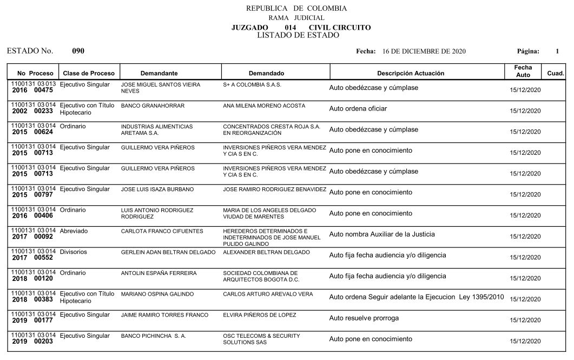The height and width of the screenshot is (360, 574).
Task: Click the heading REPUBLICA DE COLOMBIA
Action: [296, 8]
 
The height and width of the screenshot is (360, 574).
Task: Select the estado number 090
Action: [78, 51]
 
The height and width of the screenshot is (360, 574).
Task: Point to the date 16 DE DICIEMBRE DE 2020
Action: [424, 51]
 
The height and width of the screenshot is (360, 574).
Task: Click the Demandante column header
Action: [159, 73]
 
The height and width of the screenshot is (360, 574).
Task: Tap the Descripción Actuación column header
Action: [410, 73]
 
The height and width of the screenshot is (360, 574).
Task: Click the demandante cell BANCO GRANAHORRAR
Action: [153, 106]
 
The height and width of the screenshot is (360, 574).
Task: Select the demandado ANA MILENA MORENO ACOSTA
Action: [264, 106]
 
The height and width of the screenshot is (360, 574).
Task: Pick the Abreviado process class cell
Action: [74, 231]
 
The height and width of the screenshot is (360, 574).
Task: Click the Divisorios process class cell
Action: [74, 252]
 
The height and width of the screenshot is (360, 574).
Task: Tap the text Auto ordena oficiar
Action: [358, 109]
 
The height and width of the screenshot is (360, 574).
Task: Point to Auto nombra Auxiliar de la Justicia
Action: [382, 234]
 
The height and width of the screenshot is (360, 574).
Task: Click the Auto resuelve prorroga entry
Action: [364, 318]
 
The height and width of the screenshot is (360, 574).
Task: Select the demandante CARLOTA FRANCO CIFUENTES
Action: [162, 231]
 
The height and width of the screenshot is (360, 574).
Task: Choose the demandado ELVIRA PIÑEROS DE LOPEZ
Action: [259, 315]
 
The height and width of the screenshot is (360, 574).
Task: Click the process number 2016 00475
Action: [32, 90]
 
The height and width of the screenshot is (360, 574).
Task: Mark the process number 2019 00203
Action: [32, 342]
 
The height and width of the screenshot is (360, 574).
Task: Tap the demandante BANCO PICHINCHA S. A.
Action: [153, 336]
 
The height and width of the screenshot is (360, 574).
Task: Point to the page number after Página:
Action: [557, 51]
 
